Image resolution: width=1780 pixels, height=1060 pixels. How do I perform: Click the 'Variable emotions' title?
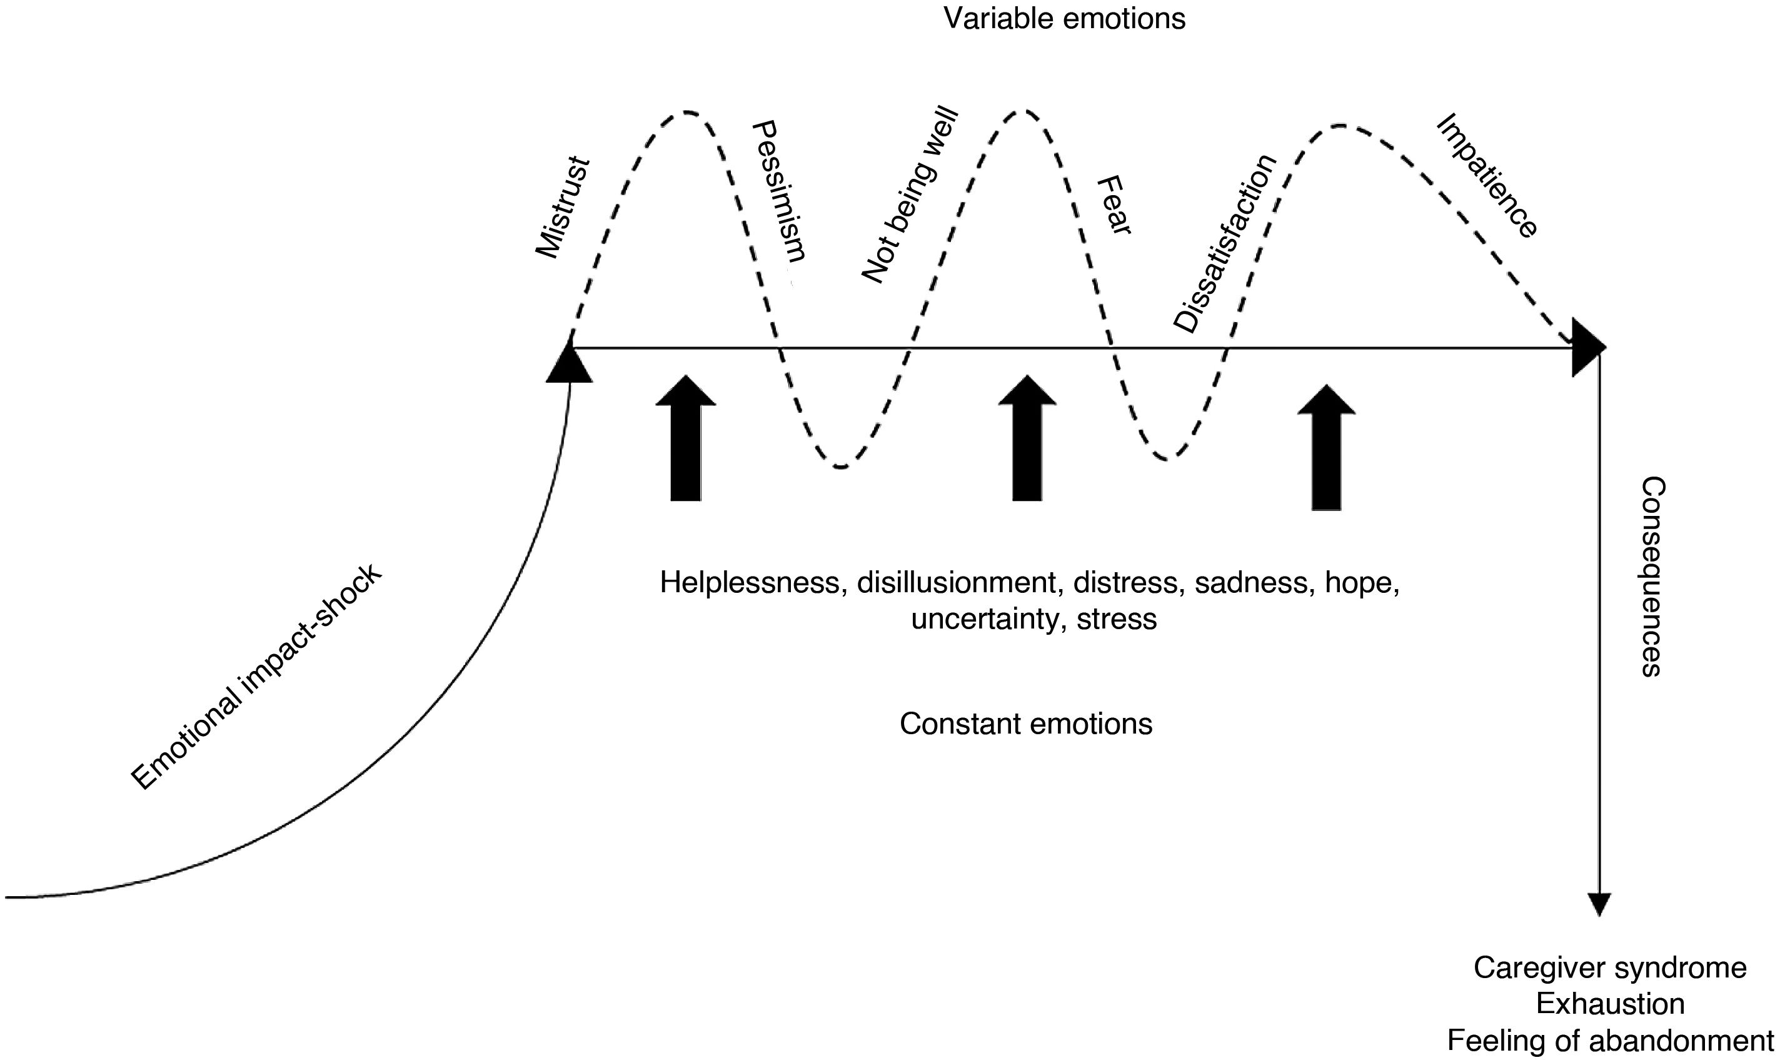(x=1064, y=19)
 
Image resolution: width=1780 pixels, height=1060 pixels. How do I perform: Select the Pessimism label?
(x=779, y=191)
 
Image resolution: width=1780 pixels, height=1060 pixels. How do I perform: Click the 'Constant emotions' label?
(x=1025, y=724)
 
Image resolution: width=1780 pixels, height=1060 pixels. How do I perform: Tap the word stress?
(x=1117, y=618)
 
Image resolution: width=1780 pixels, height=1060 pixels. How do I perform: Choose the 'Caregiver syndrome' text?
(x=1610, y=968)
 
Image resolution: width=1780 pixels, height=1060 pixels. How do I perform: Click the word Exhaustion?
(x=1610, y=1004)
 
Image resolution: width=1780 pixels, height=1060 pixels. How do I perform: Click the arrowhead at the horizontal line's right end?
(x=1588, y=348)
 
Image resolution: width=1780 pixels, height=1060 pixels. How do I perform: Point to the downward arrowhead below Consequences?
(x=1599, y=904)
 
